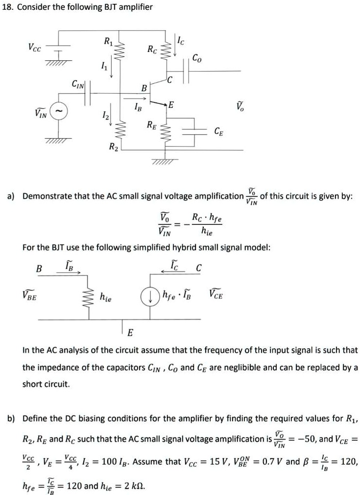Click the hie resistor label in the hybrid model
(105, 297)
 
